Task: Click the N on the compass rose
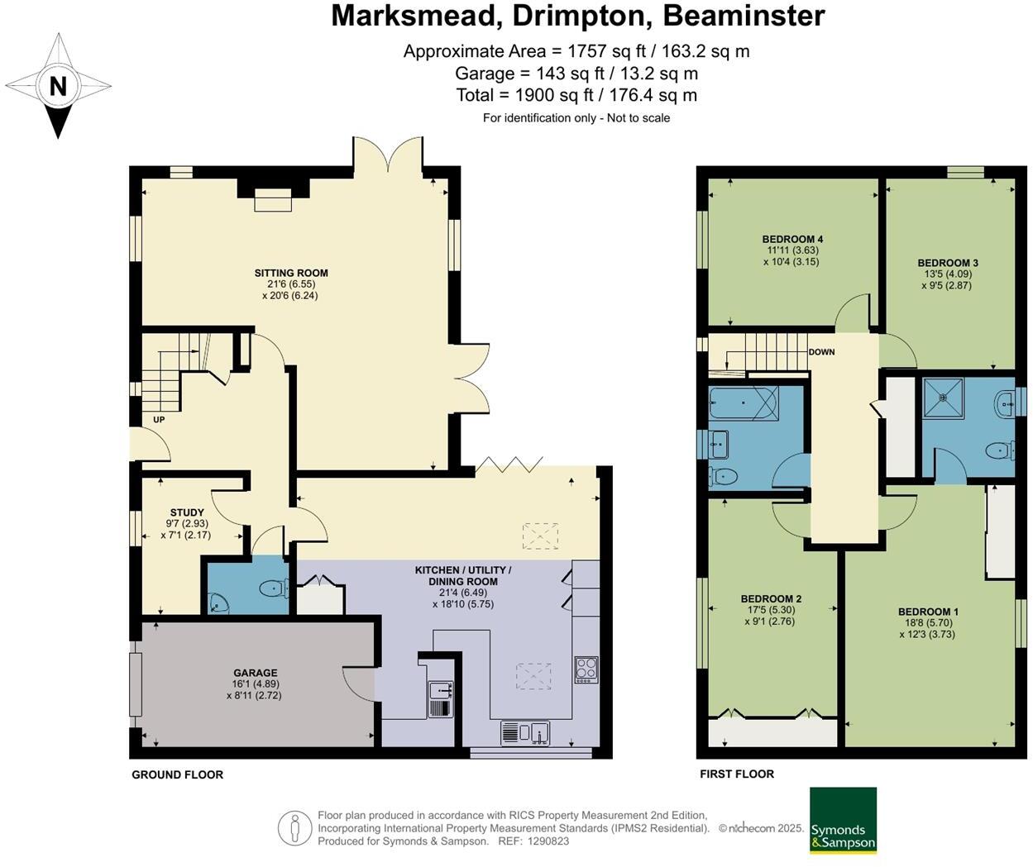pyautogui.click(x=57, y=86)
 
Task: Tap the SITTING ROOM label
pyautogui.click(x=290, y=273)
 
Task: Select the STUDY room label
pyautogui.click(x=187, y=512)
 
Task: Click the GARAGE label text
pyautogui.click(x=255, y=673)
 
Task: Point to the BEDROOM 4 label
pyautogui.click(x=794, y=239)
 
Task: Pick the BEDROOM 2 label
pyautogui.click(x=771, y=598)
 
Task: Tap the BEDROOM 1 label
pyautogui.click(x=928, y=612)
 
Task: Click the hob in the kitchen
pyautogui.click(x=586, y=669)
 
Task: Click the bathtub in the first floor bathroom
pyautogui.click(x=742, y=403)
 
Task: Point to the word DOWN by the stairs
pyautogui.click(x=821, y=352)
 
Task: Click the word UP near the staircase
pyautogui.click(x=159, y=420)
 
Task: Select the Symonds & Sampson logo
pyautogui.click(x=842, y=820)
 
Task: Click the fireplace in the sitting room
pyautogui.click(x=273, y=200)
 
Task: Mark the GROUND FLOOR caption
pyautogui.click(x=178, y=774)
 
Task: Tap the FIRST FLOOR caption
pyautogui.click(x=737, y=774)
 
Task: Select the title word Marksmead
pyautogui.click(x=417, y=16)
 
